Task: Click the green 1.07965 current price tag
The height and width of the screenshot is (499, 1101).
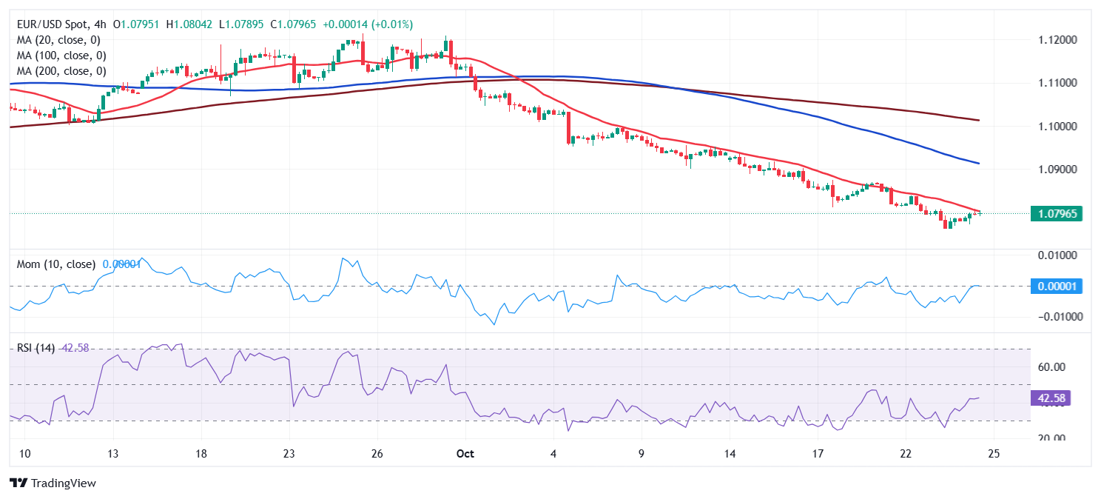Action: [1056, 214]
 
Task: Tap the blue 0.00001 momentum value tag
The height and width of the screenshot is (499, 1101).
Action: [1056, 286]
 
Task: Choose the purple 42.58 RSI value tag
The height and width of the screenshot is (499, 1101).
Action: [1051, 398]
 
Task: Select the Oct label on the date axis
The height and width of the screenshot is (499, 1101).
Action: [465, 453]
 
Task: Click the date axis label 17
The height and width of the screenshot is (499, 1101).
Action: [818, 453]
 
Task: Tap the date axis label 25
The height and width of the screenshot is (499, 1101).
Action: [994, 453]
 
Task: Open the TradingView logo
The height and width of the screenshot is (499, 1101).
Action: [53, 483]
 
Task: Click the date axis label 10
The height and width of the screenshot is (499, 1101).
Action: [24, 453]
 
